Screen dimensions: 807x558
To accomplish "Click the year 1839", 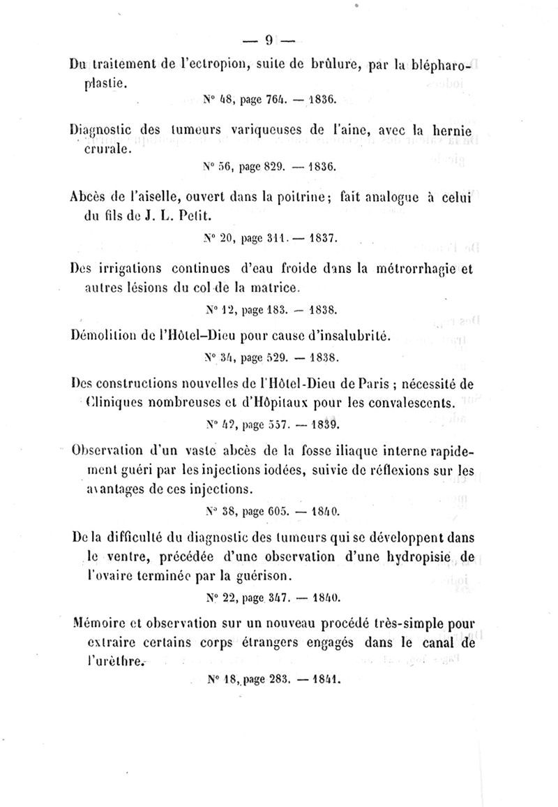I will pos(323,424).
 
